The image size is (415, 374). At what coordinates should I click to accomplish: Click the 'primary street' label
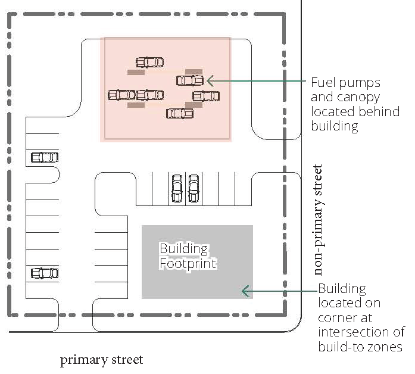pos(102,360)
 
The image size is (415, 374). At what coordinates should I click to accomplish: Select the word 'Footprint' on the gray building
pos(188,263)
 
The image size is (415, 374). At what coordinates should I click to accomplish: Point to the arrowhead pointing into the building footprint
pos(244,291)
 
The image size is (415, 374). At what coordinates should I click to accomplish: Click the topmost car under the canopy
pos(149,62)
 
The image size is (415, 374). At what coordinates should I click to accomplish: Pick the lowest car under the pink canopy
pos(179,113)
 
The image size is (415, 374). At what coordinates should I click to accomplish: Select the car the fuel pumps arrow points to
pos(190,80)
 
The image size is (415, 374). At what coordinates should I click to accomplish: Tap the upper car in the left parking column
pos(45,157)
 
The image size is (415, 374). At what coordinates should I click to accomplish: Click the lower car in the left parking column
pos(45,273)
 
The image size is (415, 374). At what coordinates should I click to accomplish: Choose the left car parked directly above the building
pos(177,188)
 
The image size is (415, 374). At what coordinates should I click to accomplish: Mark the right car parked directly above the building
pos(194,188)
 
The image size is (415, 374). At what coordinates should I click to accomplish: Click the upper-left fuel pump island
pos(136,72)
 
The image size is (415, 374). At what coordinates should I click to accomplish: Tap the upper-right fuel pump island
pos(194,71)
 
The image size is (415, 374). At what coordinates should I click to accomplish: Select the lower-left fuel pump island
pos(136,105)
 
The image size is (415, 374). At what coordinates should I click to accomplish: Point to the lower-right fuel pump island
pos(194,105)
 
